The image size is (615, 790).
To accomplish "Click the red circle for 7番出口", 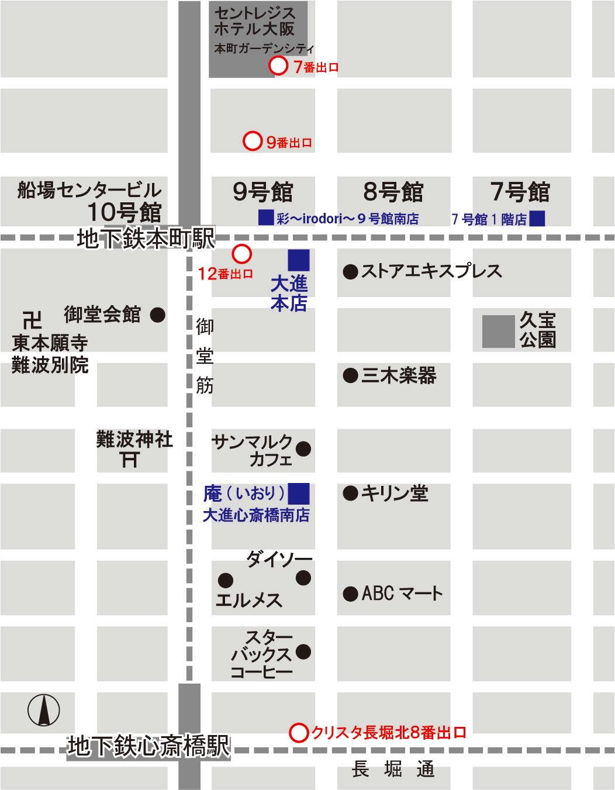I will pos(278,65).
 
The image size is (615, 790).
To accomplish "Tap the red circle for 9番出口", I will pos(252,141).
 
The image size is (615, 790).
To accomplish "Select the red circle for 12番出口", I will pos(241,254).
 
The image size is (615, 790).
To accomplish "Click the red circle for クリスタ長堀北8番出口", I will pos(299,732).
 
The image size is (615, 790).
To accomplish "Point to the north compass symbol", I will pos(44,710).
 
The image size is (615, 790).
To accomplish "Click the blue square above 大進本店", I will pos(298,260).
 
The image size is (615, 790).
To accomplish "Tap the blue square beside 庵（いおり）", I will pos(298,494).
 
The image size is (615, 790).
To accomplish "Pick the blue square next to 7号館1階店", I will pos(537,218).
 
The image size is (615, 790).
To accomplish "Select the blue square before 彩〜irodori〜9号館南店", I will pos(266,218).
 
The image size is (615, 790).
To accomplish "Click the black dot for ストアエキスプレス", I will pos(350,271).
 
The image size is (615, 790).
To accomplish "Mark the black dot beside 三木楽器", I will pos(350,375).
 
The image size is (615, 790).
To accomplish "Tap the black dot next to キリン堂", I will pos(350,494).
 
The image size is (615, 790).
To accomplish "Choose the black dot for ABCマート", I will pos(350,594).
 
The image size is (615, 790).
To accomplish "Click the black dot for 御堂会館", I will pos(158,315).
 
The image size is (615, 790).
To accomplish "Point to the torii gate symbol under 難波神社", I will pos(130,460).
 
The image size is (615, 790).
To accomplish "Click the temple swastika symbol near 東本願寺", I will pos(32,320).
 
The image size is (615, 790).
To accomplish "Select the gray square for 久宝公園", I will pos(498,332).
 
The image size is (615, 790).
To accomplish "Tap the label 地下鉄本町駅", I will pos(146,239).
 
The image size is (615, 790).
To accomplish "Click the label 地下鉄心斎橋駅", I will pos(148,747).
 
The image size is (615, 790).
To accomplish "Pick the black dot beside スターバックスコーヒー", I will pos(303,651).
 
